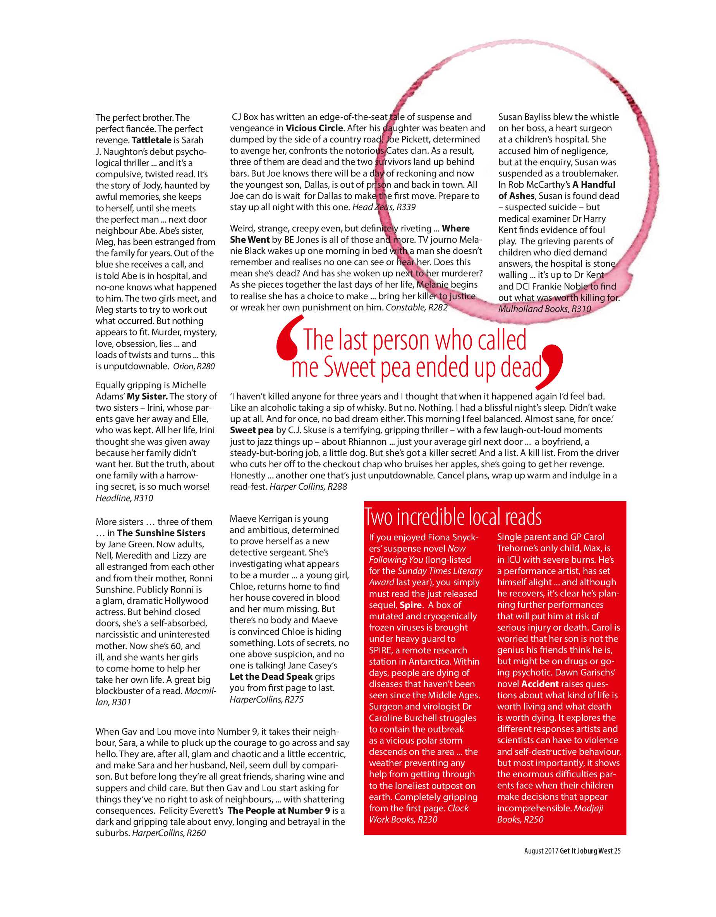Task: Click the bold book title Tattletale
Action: point(151,140)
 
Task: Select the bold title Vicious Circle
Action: point(314,128)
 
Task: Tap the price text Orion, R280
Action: point(194,367)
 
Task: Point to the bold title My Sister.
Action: point(147,396)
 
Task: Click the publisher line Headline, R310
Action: point(124,499)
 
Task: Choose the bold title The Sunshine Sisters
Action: point(161,533)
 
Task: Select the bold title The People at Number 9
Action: point(279,811)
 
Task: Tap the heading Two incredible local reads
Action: point(453,517)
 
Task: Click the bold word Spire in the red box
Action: point(410,605)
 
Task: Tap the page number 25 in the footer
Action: point(617,851)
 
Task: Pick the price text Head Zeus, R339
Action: point(384,207)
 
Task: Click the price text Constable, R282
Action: point(417,307)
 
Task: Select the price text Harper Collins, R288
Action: point(308,487)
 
